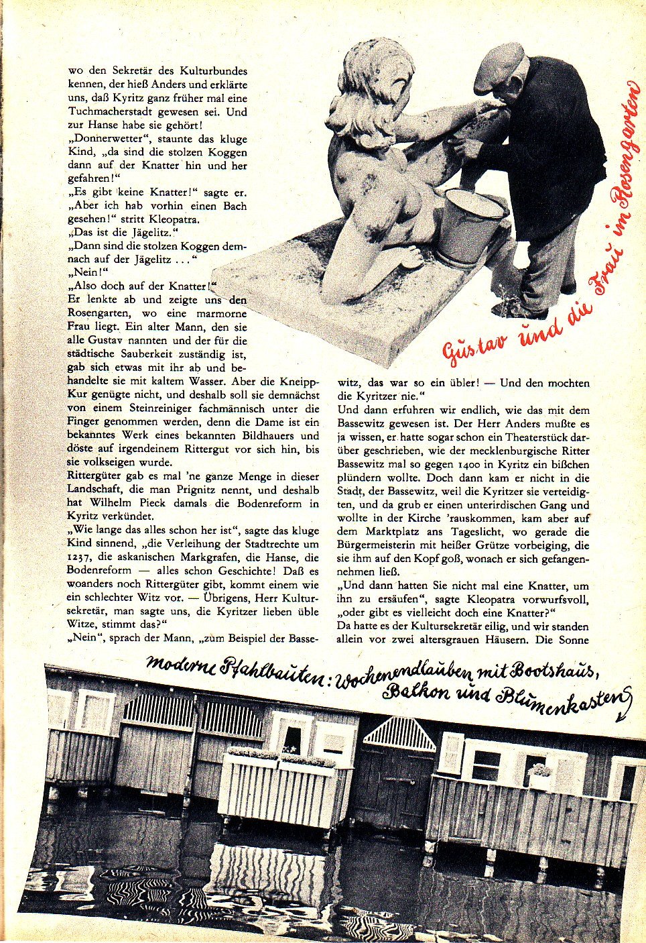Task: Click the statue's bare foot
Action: pos(409,257)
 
